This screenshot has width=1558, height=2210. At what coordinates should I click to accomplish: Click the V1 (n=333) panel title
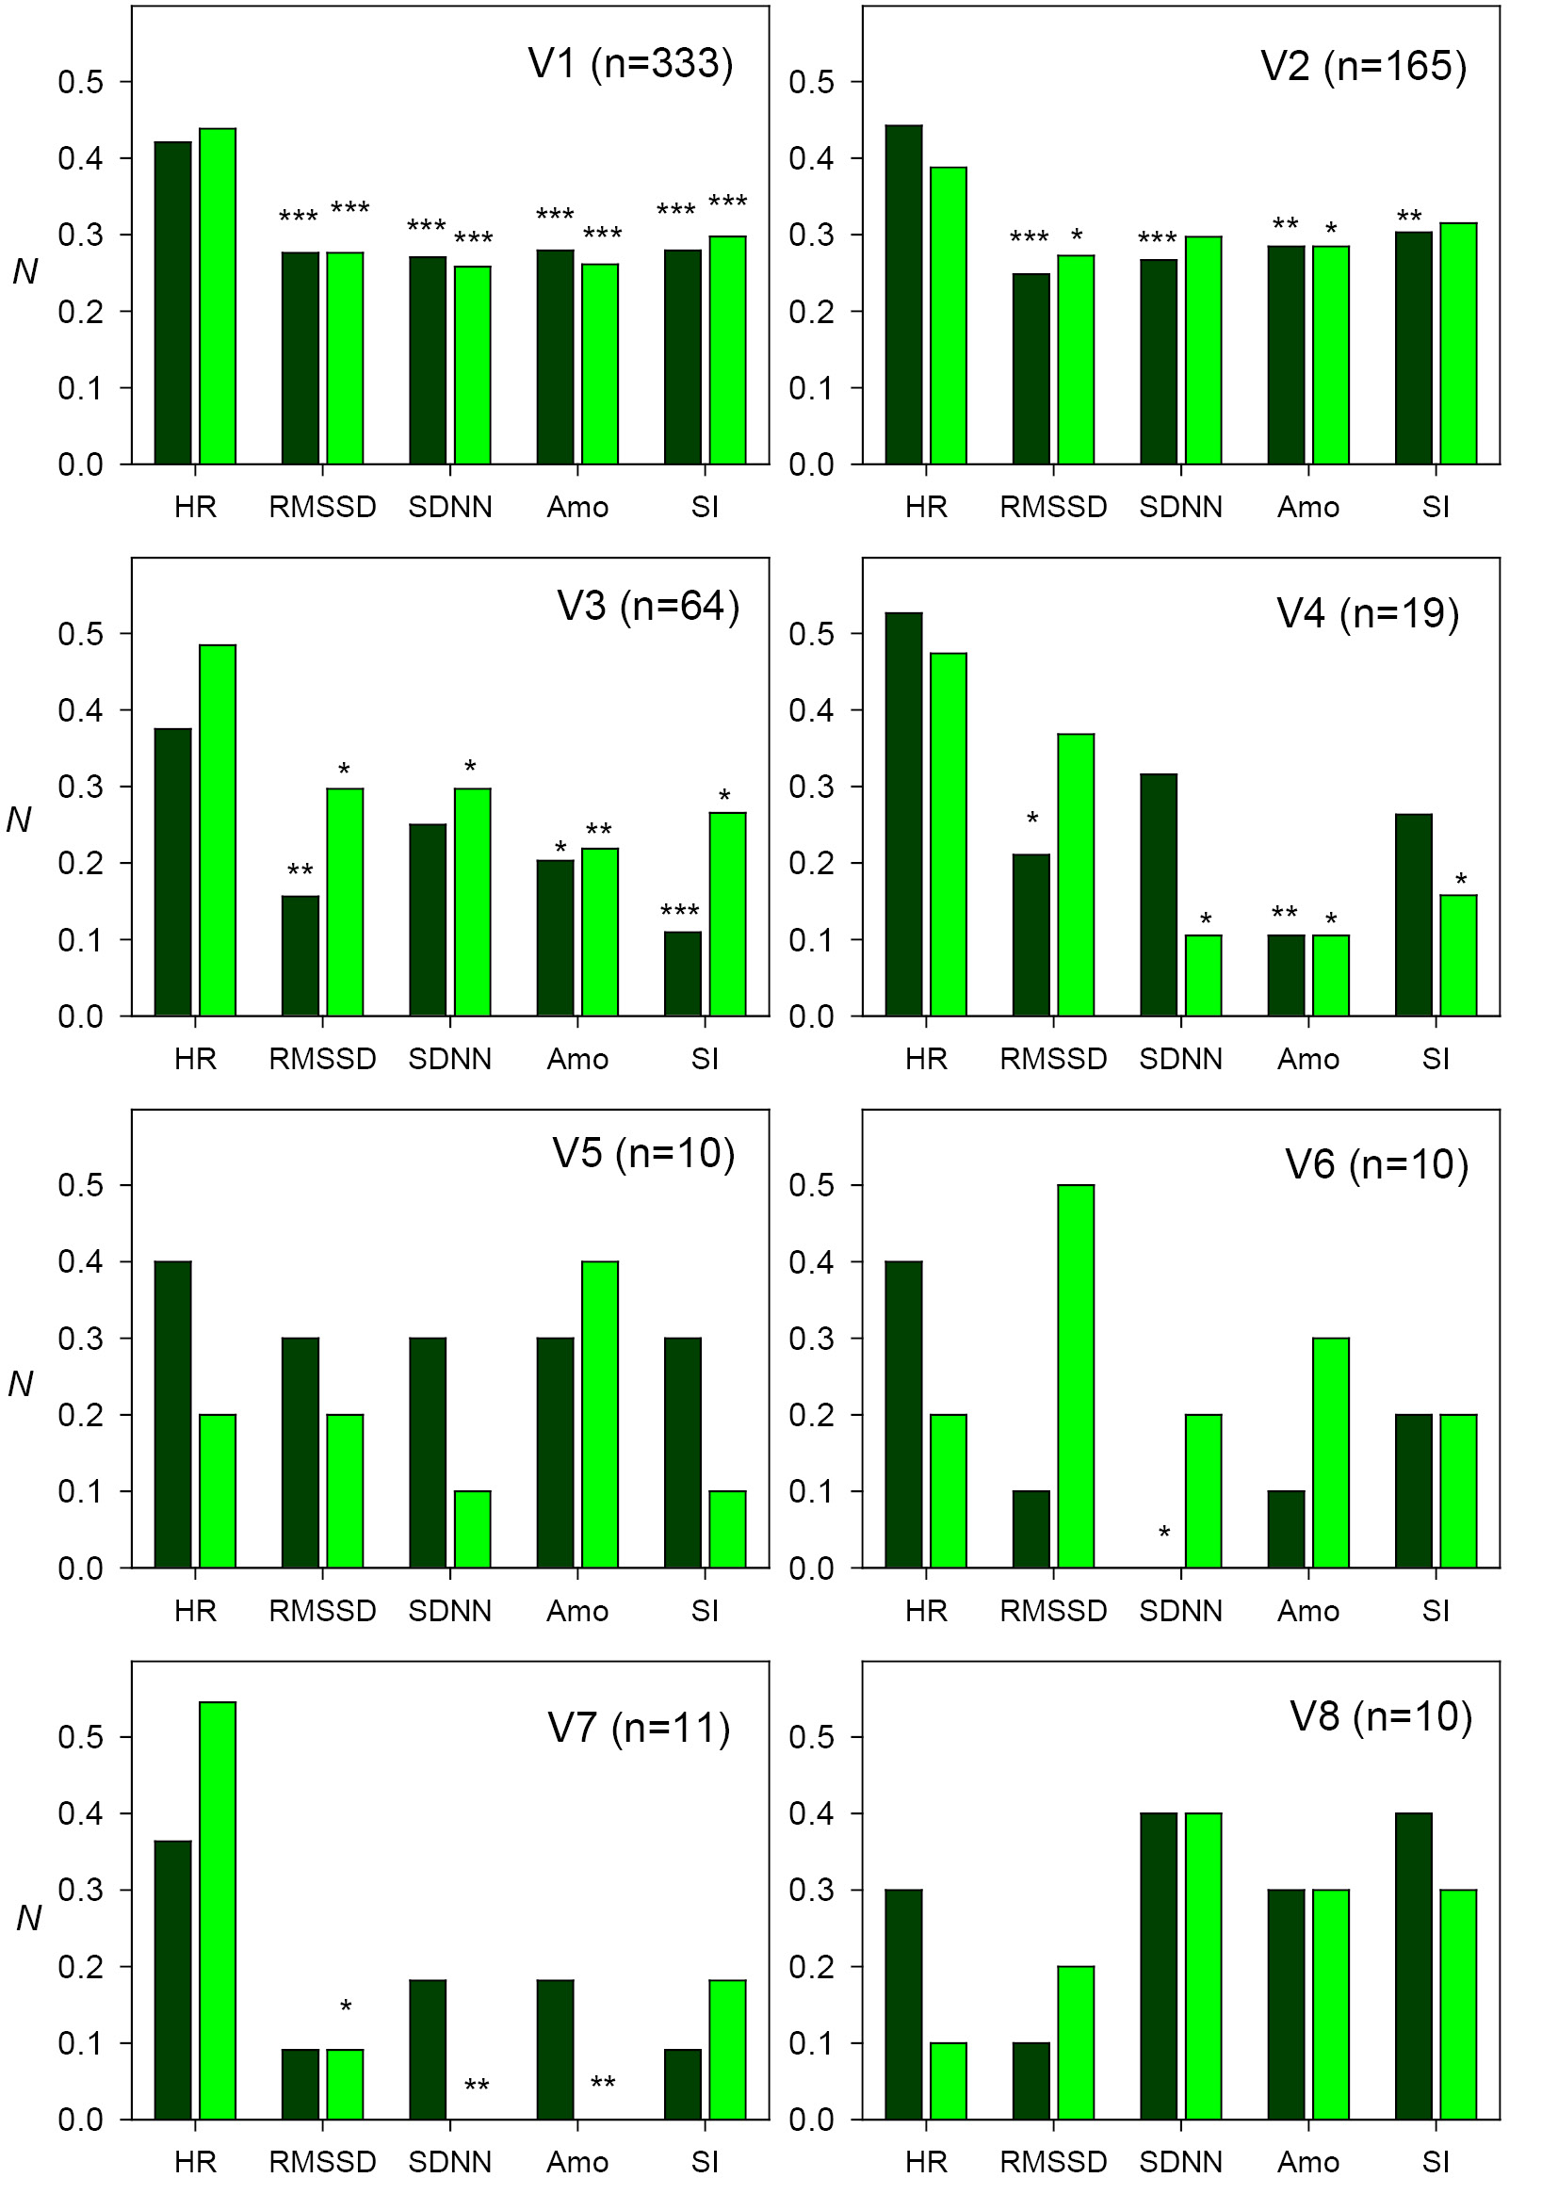(x=630, y=63)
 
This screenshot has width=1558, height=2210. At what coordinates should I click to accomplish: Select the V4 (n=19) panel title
(x=1368, y=613)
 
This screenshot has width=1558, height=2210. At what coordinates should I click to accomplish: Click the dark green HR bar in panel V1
(x=173, y=303)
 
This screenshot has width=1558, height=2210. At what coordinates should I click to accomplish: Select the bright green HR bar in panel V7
(x=218, y=1910)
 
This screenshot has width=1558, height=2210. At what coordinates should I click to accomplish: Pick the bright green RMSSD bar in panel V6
(x=1076, y=1376)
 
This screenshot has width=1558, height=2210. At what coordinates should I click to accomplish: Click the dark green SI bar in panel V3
(x=682, y=973)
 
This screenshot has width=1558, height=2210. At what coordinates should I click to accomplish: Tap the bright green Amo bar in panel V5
(x=599, y=1415)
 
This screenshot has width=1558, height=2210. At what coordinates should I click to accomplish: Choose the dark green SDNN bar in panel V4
(x=1159, y=894)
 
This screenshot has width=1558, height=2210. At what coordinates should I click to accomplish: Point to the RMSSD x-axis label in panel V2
(x=1053, y=507)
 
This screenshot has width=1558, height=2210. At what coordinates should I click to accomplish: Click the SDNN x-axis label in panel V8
(x=1181, y=2163)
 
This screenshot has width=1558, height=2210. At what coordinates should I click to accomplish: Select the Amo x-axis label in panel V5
(x=577, y=1611)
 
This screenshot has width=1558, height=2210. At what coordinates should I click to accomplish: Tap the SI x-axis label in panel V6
(x=1435, y=1611)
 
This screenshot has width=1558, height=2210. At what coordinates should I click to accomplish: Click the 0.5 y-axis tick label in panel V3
(x=80, y=634)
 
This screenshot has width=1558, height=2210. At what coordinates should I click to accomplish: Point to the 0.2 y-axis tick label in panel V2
(x=811, y=312)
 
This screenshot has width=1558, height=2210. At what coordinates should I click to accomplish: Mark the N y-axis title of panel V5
(x=21, y=1383)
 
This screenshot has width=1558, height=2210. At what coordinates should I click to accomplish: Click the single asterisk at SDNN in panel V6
(x=1164, y=1533)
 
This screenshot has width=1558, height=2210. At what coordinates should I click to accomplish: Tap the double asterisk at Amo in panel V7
(x=603, y=2084)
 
